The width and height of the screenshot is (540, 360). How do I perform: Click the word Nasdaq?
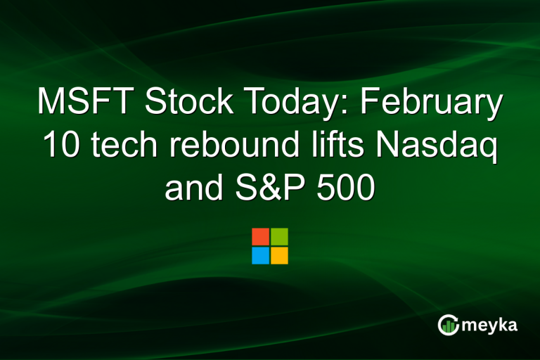(x=432, y=148)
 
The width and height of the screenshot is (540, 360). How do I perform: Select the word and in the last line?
(x=191, y=188)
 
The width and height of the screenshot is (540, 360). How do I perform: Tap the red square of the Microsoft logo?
(x=260, y=236)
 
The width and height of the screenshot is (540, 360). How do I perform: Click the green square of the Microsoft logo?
(x=279, y=236)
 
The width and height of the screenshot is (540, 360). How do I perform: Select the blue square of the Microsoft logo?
(x=260, y=255)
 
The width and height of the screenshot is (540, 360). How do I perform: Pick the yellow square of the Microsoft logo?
(x=279, y=255)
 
